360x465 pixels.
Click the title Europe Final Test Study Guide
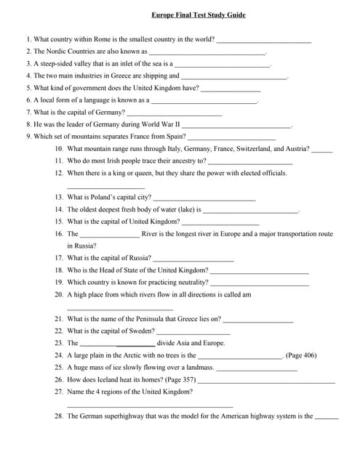tap(199, 15)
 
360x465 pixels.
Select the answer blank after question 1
tap(264, 40)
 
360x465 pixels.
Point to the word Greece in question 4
tap(119, 76)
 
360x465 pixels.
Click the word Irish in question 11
tap(114, 161)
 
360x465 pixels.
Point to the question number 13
tap(58, 197)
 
